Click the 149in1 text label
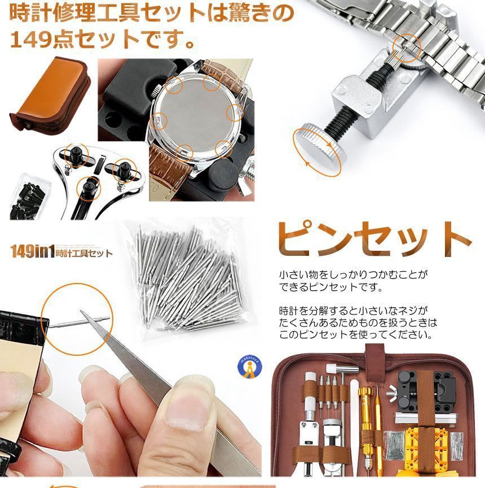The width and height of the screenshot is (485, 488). coord(33,251)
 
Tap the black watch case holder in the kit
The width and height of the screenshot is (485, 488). coord(426,389)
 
